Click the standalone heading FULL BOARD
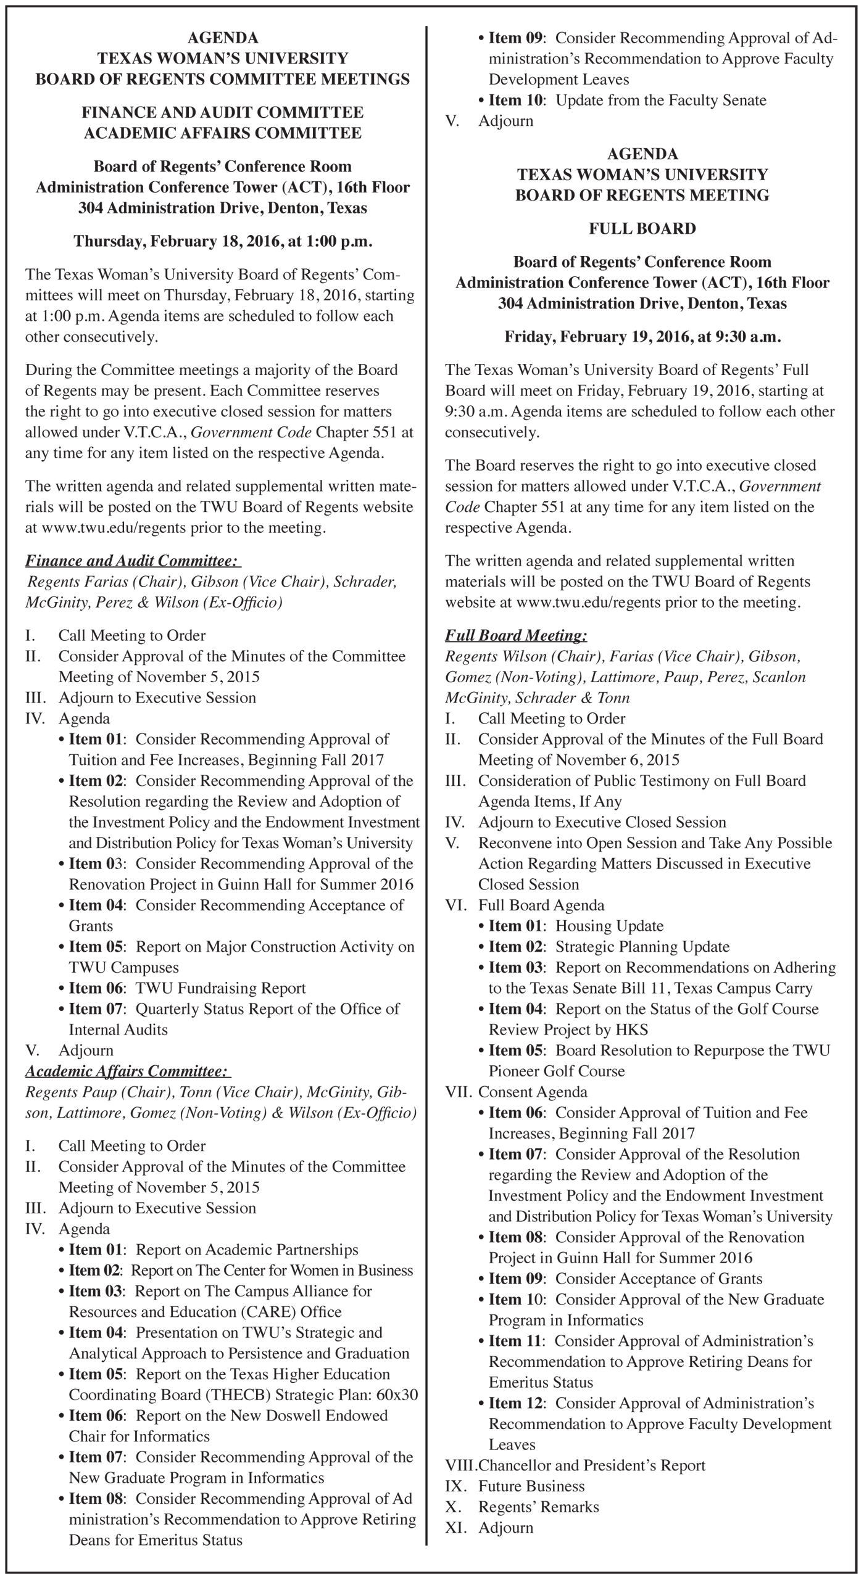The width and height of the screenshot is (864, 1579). click(x=642, y=229)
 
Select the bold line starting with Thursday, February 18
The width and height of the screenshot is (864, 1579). click(x=223, y=241)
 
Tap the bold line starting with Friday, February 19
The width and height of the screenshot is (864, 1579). click(x=642, y=337)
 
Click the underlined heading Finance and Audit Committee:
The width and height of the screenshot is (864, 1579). click(x=131, y=561)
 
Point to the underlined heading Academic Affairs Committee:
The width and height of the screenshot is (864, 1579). click(x=127, y=1071)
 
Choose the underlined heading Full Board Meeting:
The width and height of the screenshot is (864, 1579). click(x=516, y=635)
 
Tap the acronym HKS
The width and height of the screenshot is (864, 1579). click(x=631, y=1029)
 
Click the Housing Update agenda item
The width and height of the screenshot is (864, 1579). click(x=609, y=926)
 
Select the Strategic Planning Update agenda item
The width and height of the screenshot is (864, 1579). click(x=642, y=947)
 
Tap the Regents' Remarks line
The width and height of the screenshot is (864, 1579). click(x=538, y=1507)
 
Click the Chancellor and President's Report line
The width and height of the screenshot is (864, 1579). click(x=591, y=1465)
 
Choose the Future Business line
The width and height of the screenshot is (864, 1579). click(x=531, y=1486)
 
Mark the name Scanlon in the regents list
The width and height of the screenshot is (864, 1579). click(x=778, y=677)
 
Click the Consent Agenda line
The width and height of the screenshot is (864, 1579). click(x=533, y=1092)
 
